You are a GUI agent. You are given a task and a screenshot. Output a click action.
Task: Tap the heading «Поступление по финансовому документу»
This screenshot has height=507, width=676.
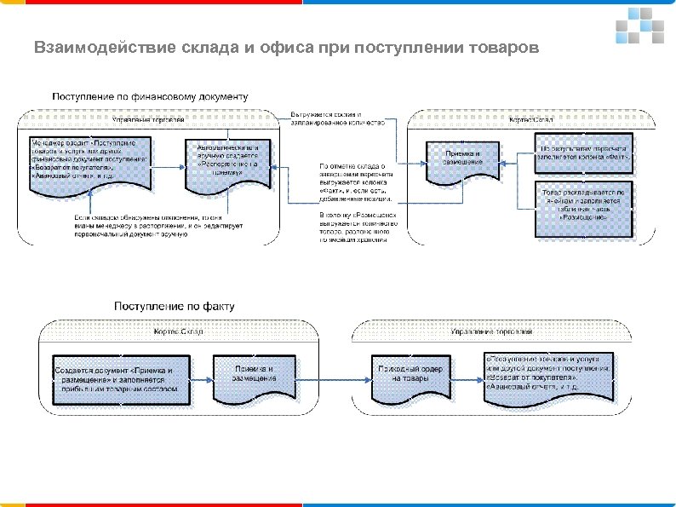tap(151, 96)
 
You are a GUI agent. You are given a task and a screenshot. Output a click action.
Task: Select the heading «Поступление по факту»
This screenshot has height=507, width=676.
tap(175, 305)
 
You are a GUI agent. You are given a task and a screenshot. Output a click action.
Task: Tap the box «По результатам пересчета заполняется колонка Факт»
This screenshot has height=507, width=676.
tap(583, 151)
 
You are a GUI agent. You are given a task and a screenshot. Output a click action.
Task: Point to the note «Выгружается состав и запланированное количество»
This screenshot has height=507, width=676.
tap(338, 118)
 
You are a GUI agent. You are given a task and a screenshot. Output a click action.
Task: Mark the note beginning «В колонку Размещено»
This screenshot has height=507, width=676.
tap(352, 228)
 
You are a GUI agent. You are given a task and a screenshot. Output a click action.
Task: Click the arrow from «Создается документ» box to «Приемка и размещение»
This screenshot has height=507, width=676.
tap(196, 372)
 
